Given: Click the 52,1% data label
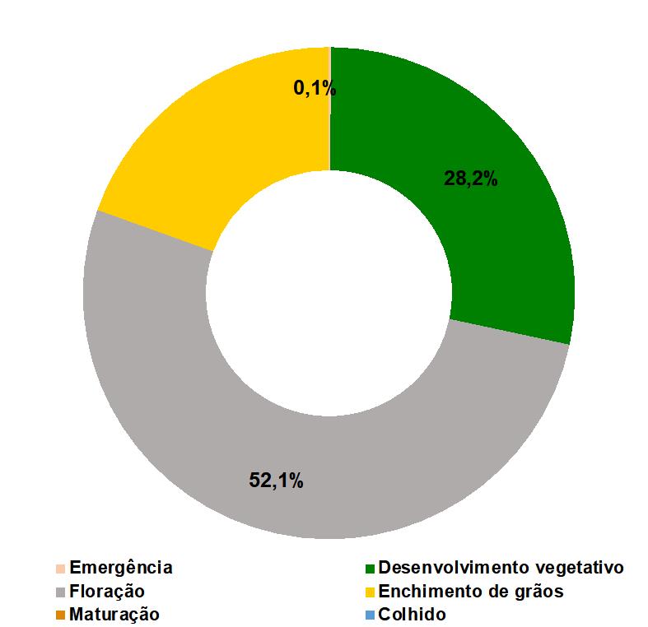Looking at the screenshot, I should point(276,481).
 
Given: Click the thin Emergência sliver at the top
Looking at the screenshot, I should point(329,107).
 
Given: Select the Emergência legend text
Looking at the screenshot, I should point(121,568).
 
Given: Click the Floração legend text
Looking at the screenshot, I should point(107,591).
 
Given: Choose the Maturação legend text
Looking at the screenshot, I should point(114,614).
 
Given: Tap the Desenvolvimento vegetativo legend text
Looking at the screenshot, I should point(501,568).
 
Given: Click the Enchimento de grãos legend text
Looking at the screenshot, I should point(471,591).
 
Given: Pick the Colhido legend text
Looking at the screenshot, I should point(412,614).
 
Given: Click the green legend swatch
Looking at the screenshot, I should point(371,568).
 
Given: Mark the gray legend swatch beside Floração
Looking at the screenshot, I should point(60,592).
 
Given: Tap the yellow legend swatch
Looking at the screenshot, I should point(371,592).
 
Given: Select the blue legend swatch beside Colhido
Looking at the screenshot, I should point(371,615).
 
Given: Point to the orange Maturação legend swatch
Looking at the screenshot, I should point(60,615).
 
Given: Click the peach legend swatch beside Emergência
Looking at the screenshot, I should point(60,568).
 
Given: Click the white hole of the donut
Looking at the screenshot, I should point(329,293).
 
